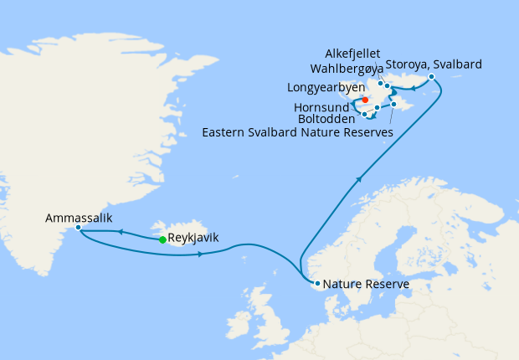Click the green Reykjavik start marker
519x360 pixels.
(x=162, y=239)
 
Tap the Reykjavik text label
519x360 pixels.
(x=193, y=238)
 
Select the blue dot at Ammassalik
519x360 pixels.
(x=78, y=228)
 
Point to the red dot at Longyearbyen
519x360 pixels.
(x=365, y=100)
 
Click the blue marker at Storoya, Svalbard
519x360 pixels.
(x=431, y=77)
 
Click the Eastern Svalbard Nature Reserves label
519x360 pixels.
(x=296, y=131)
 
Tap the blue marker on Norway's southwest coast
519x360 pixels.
(x=317, y=284)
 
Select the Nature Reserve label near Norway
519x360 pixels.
(x=366, y=285)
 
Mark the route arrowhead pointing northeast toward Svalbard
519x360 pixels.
(x=361, y=177)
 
